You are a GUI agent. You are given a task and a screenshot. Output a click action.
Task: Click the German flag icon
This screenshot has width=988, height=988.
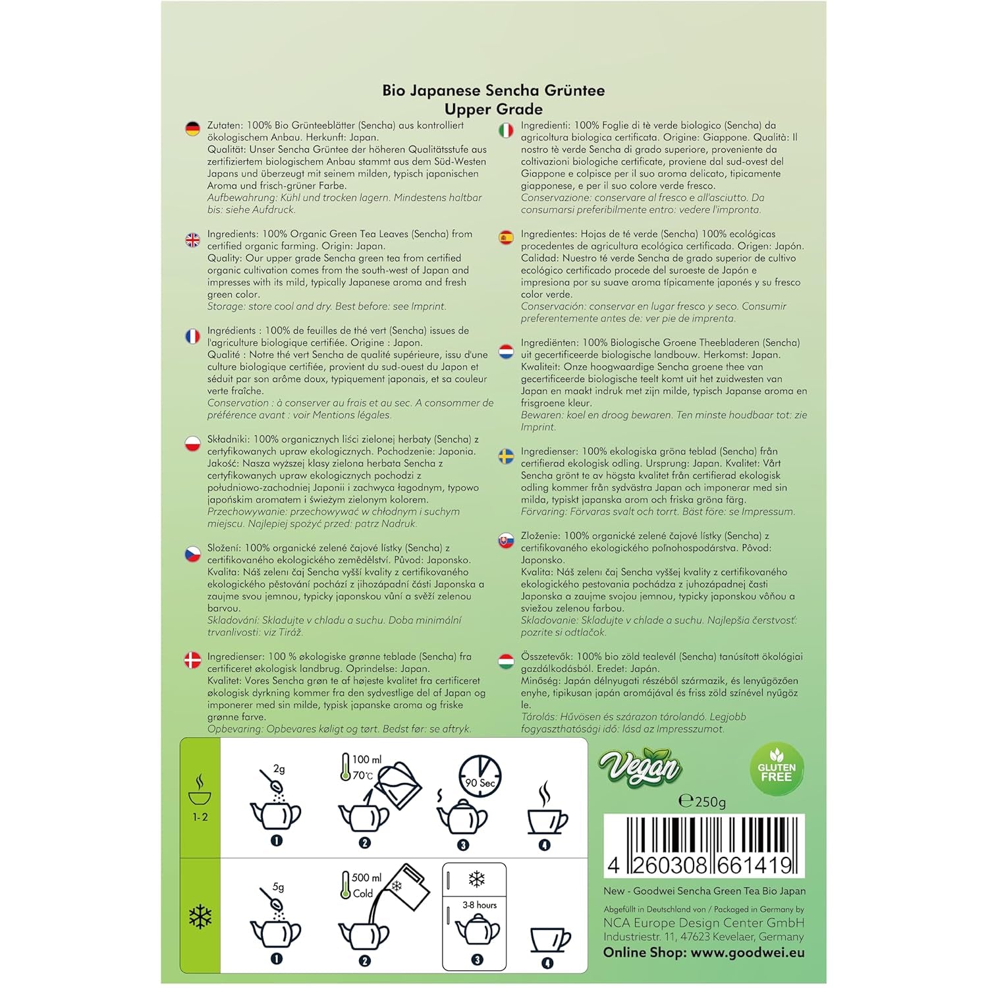[192, 128]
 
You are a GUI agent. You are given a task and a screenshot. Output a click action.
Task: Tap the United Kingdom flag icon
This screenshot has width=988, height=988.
[192, 240]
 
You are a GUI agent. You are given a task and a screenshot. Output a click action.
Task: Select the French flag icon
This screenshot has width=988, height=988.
[192, 337]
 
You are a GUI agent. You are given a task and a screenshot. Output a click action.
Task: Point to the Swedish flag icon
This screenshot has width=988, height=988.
[506, 456]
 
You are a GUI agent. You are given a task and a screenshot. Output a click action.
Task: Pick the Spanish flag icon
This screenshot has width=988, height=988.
[506, 238]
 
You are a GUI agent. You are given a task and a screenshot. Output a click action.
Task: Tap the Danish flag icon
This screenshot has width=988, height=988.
[192, 660]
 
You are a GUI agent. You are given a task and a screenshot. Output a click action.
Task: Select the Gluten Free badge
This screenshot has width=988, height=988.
[777, 769]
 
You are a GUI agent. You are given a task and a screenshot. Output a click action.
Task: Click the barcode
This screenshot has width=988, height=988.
[704, 846]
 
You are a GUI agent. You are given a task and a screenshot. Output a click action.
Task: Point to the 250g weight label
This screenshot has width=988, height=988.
[702, 801]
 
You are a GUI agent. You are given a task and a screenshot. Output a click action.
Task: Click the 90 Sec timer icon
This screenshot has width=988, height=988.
[480, 776]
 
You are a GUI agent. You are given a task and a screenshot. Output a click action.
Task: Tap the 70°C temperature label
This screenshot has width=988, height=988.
[363, 775]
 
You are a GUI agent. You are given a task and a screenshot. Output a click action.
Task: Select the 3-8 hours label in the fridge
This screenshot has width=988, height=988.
[480, 905]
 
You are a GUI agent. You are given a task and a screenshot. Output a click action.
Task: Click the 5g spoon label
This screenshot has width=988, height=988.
[279, 887]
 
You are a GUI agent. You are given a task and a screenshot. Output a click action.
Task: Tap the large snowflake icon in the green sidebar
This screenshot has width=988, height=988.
[200, 916]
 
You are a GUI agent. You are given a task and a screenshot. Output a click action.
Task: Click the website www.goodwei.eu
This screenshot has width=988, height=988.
[748, 952]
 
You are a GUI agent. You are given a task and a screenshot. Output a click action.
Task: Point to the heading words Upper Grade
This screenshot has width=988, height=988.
[493, 109]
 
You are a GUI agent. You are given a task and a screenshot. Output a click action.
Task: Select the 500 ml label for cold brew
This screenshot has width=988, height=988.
[366, 877]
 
